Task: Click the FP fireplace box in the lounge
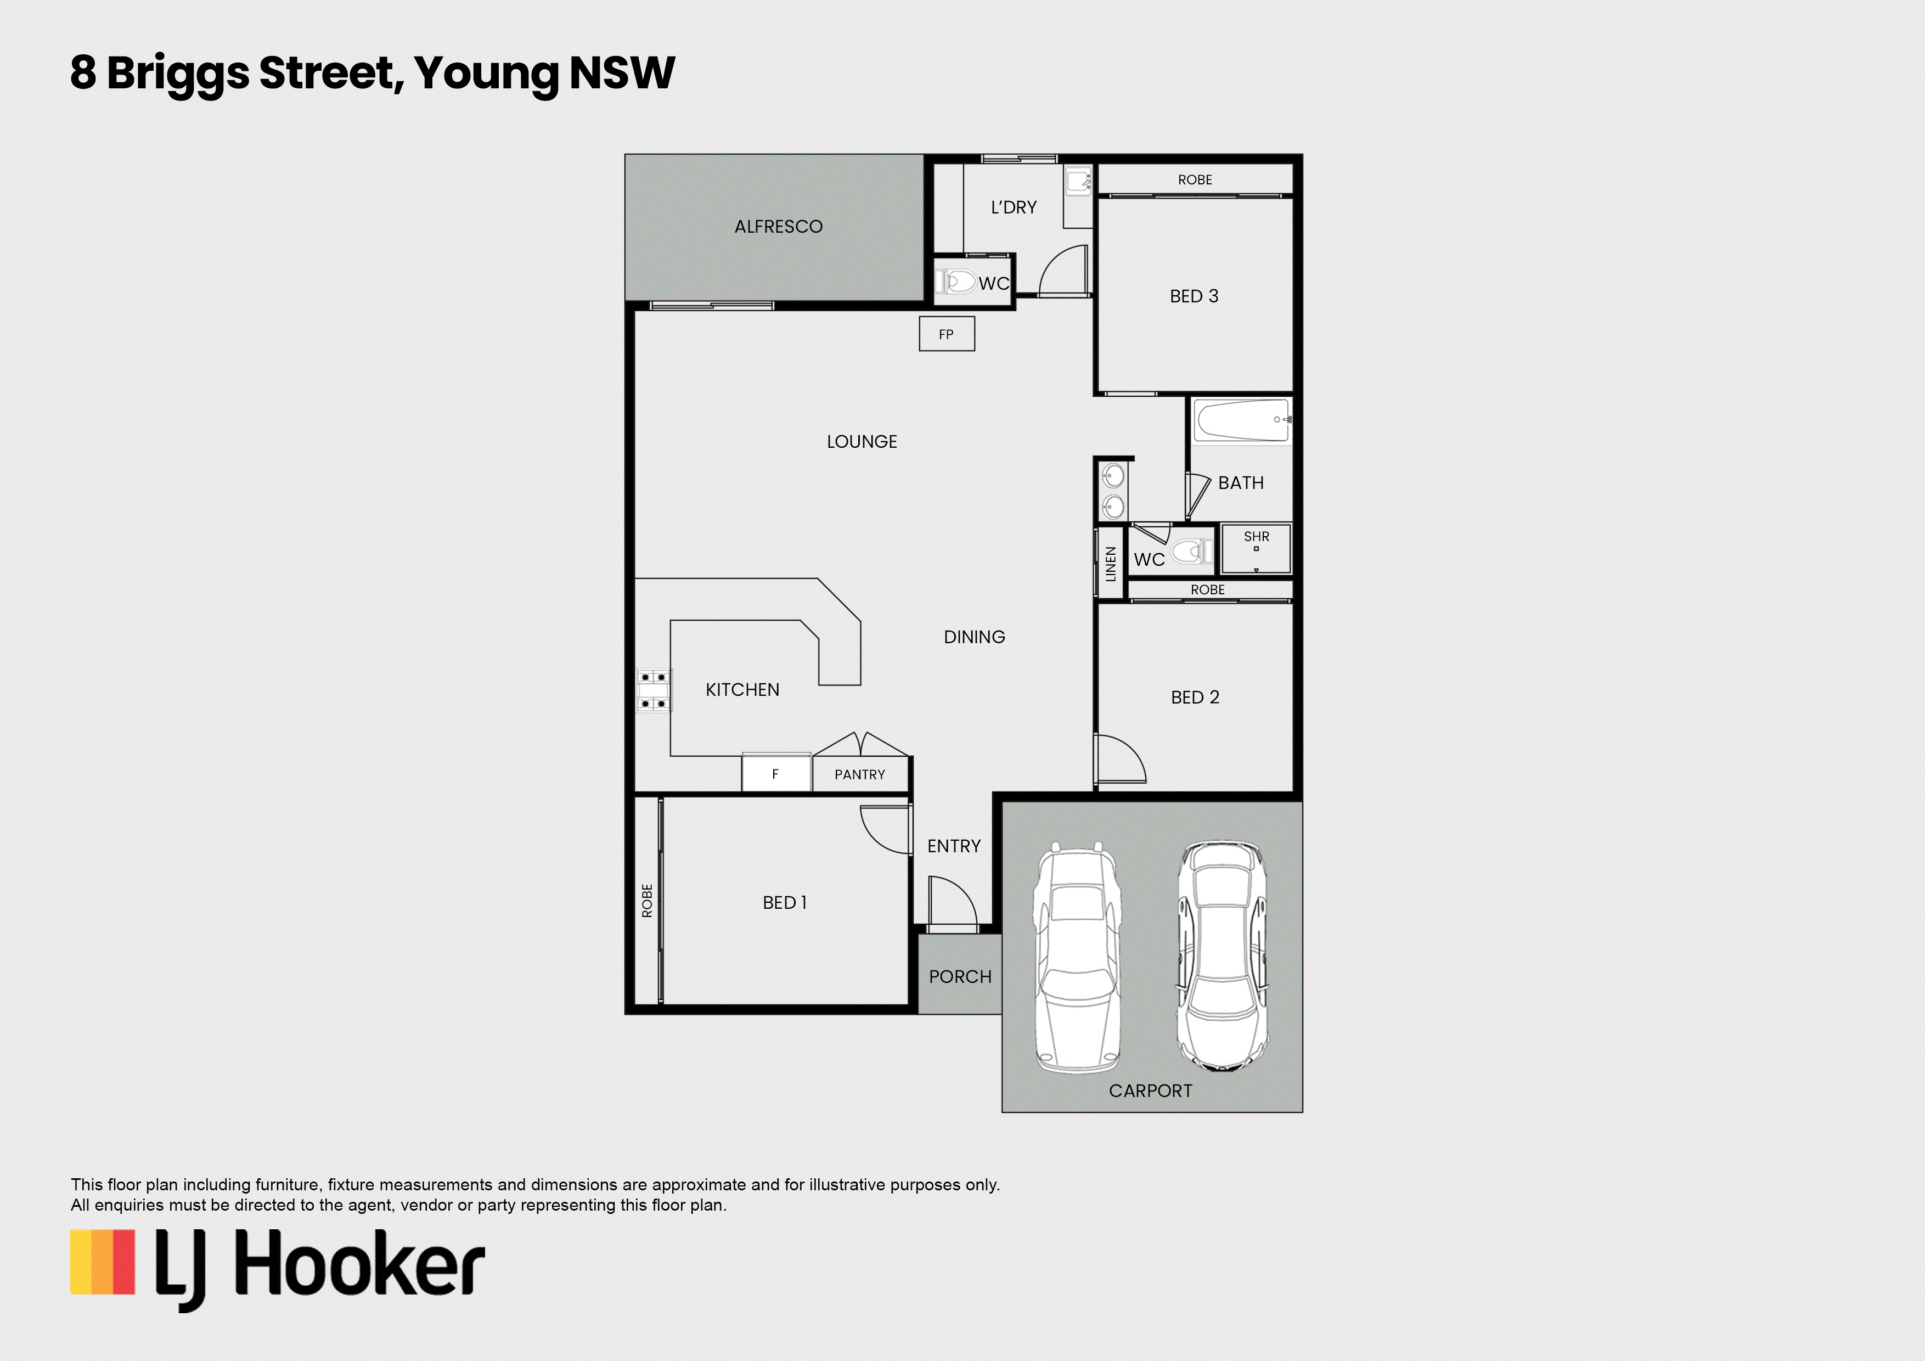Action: point(947,334)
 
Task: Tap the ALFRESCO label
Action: point(778,227)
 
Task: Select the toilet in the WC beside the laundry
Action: point(956,281)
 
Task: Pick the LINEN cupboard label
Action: point(1111,564)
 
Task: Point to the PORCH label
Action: point(960,977)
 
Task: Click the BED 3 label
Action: point(1194,296)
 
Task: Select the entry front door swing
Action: point(953,902)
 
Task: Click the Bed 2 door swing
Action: point(1120,759)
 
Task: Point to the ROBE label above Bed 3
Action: point(1195,179)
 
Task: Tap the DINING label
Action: point(974,637)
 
